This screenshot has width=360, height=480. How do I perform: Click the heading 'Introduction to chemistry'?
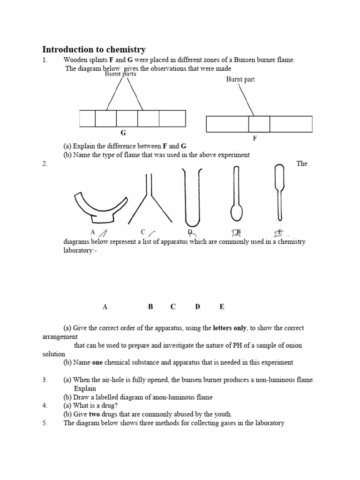point(94,49)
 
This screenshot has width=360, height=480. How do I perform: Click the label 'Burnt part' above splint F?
point(240,79)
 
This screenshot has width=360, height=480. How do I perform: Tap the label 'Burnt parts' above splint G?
point(120,74)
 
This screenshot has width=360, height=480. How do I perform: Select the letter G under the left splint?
point(123,134)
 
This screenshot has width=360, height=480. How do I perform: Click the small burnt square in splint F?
point(259,124)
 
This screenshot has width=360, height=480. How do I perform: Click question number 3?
point(45,380)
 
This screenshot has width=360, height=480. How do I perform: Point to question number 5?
point(45,423)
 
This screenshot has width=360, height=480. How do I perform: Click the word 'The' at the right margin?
point(302,164)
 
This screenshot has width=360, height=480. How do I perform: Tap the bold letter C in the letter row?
point(173,307)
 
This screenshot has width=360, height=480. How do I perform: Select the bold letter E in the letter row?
point(222,307)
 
